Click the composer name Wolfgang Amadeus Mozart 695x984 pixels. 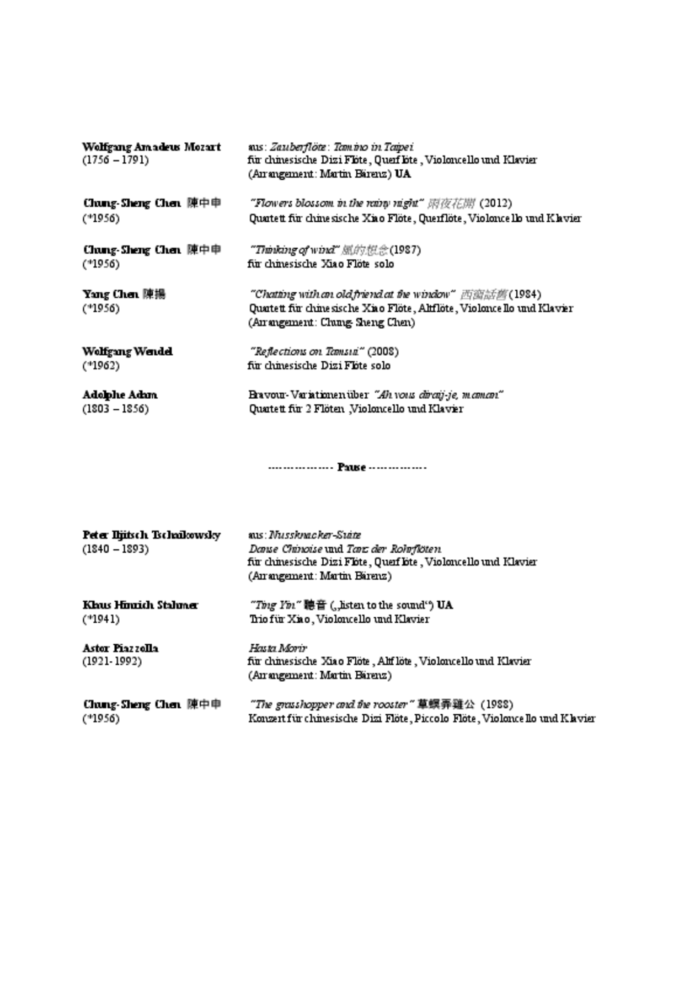coord(151,147)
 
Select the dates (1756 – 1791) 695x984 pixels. coord(115,161)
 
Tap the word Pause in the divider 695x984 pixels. coord(351,468)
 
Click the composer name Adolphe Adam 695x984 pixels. coord(120,395)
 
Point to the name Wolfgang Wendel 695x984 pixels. coord(127,352)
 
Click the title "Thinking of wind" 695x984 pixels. coord(295,250)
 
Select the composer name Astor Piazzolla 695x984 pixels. coord(120,648)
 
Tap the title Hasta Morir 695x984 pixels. coord(277,648)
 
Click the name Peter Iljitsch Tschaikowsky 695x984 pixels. coord(151,535)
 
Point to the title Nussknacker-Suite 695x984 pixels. coord(315,535)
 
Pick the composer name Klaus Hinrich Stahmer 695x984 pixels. coord(140,605)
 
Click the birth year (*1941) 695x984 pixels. coord(101,619)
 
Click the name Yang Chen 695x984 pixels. coord(110,295)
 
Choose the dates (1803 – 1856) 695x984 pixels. coord(115,409)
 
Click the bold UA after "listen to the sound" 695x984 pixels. coord(445,605)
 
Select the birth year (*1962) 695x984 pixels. coord(101,366)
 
